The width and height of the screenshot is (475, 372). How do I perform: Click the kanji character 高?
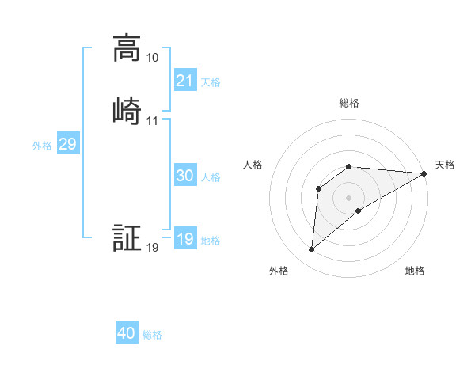[x=127, y=48]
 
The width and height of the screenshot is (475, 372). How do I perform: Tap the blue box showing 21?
[x=184, y=80]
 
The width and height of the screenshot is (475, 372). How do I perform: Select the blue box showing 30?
[x=184, y=176]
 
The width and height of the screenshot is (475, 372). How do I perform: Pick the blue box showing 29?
[x=67, y=144]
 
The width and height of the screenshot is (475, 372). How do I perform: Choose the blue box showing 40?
[x=127, y=333]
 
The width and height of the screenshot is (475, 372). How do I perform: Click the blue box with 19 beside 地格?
[x=184, y=239]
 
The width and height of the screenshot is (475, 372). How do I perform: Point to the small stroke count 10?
[x=152, y=58]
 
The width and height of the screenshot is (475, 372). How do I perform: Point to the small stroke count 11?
[x=152, y=121]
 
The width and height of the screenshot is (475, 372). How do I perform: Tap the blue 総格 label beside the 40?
[x=152, y=335]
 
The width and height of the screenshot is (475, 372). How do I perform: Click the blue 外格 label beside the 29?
[x=42, y=146]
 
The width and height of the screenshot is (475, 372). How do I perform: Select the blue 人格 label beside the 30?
[x=211, y=177]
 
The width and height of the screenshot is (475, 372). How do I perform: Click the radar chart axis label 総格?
[x=349, y=103]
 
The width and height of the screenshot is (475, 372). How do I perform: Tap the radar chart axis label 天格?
[x=445, y=165]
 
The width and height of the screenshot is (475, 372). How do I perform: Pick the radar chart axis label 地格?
[x=415, y=271]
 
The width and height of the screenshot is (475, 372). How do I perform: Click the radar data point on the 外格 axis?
[x=311, y=250]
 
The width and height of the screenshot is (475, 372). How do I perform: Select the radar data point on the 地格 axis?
[x=359, y=211]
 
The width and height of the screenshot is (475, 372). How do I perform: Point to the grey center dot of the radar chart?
[x=349, y=197]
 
